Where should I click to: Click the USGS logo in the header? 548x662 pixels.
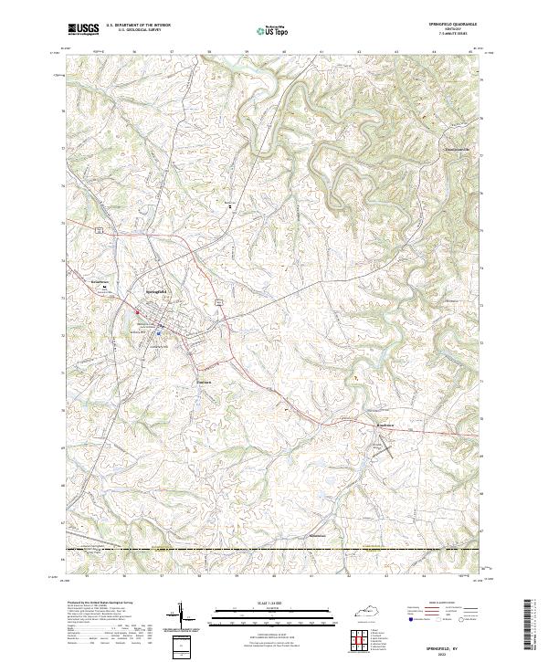(x=83, y=29)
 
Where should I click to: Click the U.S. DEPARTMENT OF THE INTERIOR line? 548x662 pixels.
(x=138, y=26)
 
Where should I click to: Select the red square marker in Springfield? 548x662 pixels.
(x=138, y=315)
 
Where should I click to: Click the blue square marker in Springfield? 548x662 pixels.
(x=158, y=333)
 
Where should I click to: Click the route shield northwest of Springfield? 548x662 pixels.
(x=96, y=229)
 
